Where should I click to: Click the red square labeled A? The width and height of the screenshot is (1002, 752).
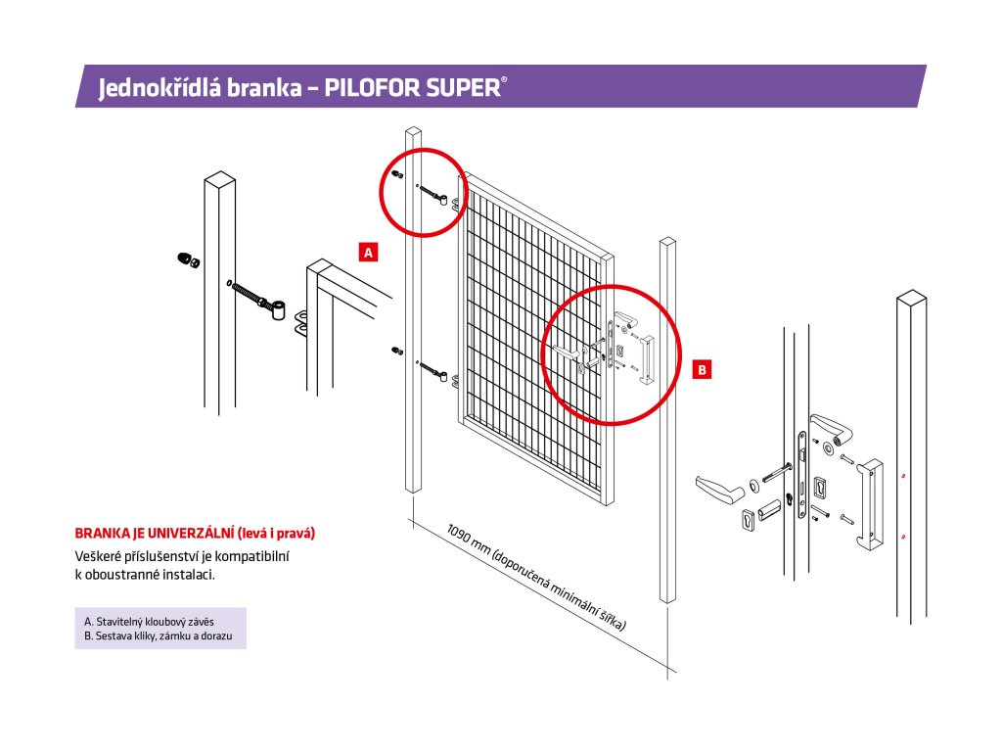(368, 252)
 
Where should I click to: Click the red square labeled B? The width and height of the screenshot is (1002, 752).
(702, 369)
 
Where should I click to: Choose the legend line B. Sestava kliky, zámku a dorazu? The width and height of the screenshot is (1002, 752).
(160, 635)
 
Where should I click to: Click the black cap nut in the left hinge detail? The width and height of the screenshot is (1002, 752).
(184, 259)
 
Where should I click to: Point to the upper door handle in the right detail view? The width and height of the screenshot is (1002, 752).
(828, 428)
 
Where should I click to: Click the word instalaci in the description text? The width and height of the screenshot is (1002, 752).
(188, 575)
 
